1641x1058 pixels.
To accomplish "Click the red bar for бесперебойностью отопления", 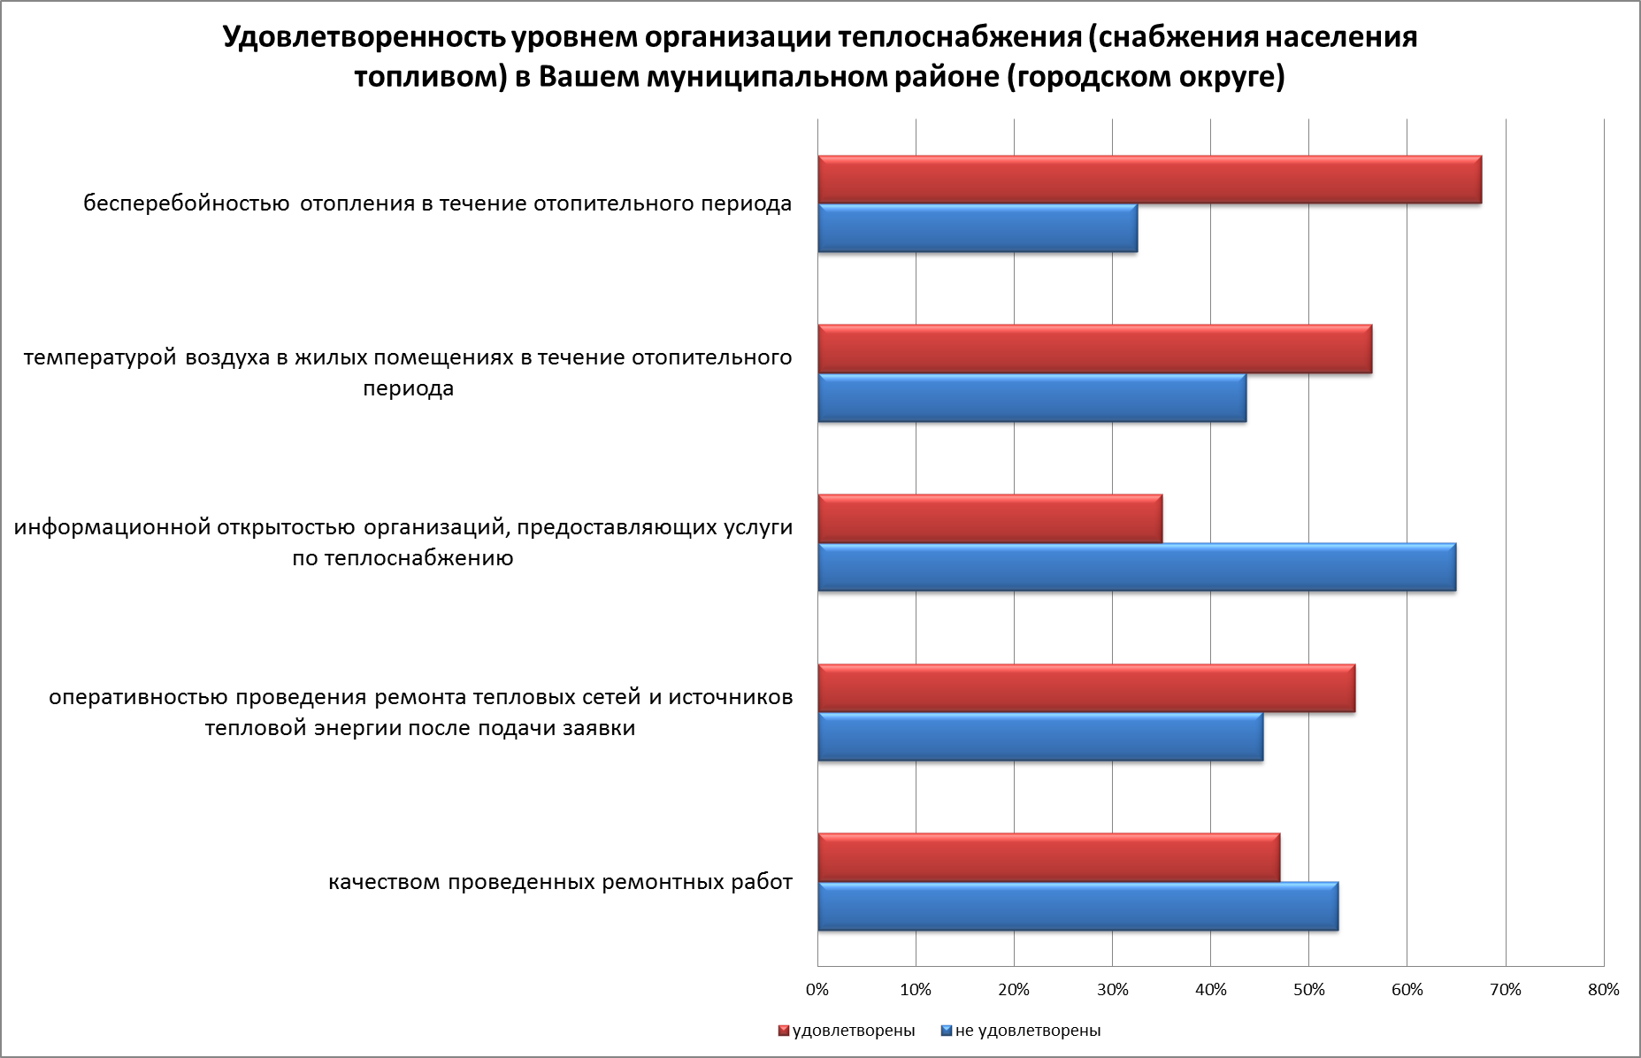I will coord(1149,180).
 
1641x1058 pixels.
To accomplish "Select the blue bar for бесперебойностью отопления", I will coord(978,228).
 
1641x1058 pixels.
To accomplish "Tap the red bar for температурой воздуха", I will coord(1094,349).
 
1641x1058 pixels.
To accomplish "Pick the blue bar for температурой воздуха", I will coord(1031,398).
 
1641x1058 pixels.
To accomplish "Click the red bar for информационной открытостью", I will coord(990,519).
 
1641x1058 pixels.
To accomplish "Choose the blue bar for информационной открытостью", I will coord(1137,568).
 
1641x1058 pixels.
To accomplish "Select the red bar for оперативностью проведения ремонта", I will coord(1086,688).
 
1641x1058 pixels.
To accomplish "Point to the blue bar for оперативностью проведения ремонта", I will coord(1040,737).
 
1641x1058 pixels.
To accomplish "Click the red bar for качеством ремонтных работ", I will coord(1048,858).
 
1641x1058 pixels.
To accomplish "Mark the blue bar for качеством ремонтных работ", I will coord(1077,907).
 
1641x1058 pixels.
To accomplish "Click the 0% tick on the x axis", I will coord(818,990).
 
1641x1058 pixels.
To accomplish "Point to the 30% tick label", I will coord(1113,990).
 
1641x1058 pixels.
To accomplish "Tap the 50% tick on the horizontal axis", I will coord(1309,990).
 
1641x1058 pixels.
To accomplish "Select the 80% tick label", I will coord(1604,990).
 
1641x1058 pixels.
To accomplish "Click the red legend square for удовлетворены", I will coord(783,1031).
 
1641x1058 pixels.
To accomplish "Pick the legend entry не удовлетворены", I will coord(1027,1031).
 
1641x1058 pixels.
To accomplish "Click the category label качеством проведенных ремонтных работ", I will coord(560,883).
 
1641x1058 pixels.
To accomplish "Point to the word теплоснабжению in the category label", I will coord(420,558).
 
